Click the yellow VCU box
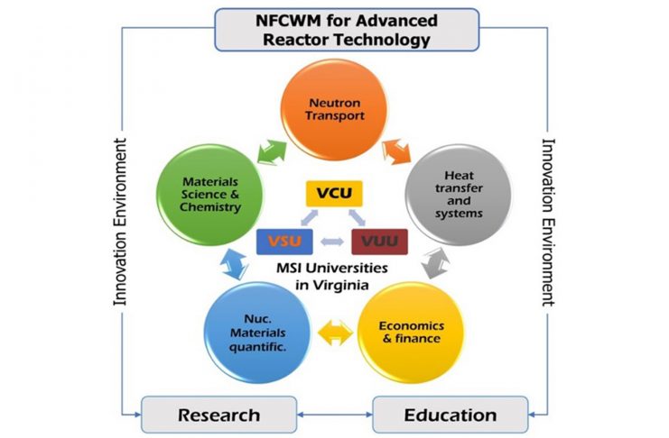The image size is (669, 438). [333, 195]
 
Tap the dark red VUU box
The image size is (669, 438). [380, 242]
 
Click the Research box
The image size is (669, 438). [218, 415]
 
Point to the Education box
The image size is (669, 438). [450, 415]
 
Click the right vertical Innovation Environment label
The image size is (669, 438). [546, 222]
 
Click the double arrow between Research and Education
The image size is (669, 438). [334, 415]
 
